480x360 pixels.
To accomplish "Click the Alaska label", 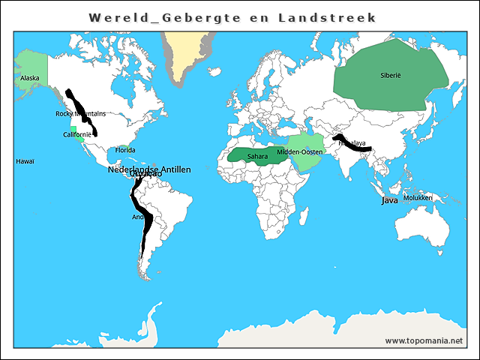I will click(x=30, y=78).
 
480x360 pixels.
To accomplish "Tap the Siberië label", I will click(x=391, y=75).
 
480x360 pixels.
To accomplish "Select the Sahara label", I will click(x=257, y=156).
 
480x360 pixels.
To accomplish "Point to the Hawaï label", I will click(x=25, y=161).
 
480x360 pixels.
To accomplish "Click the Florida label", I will click(x=125, y=150).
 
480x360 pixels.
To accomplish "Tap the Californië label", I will click(x=77, y=134).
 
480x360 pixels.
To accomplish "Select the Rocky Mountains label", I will click(x=80, y=114).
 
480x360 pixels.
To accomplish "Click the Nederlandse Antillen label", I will click(x=149, y=169).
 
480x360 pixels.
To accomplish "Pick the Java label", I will click(x=389, y=200).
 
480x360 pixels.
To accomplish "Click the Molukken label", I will click(x=418, y=198).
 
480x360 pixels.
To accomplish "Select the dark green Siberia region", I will click(x=405, y=97).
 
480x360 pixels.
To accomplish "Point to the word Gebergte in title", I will click(x=196, y=17).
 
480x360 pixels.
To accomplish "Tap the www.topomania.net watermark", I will click(x=424, y=340).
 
